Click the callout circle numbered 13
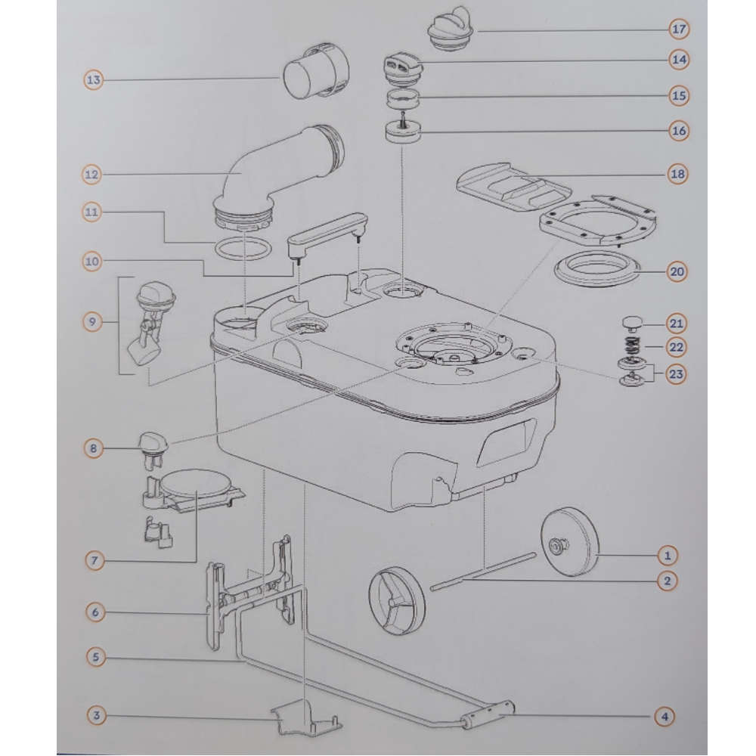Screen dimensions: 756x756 pos(94,79)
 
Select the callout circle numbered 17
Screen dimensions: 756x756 pos(679,29)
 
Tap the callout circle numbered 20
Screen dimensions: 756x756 pos(677,272)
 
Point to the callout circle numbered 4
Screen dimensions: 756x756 pos(665,717)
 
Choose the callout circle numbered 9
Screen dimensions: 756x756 pos(92,321)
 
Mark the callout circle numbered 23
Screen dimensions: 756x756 pos(676,373)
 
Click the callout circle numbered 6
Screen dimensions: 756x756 pos(95,612)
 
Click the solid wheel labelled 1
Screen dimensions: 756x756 pos(569,541)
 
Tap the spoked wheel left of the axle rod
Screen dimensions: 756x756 pos(398,600)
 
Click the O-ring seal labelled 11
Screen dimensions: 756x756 pos(243,249)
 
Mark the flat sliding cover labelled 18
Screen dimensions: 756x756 pos(513,187)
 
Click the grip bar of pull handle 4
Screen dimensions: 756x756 pos(488,715)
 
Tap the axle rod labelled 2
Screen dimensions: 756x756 pos(483,571)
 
